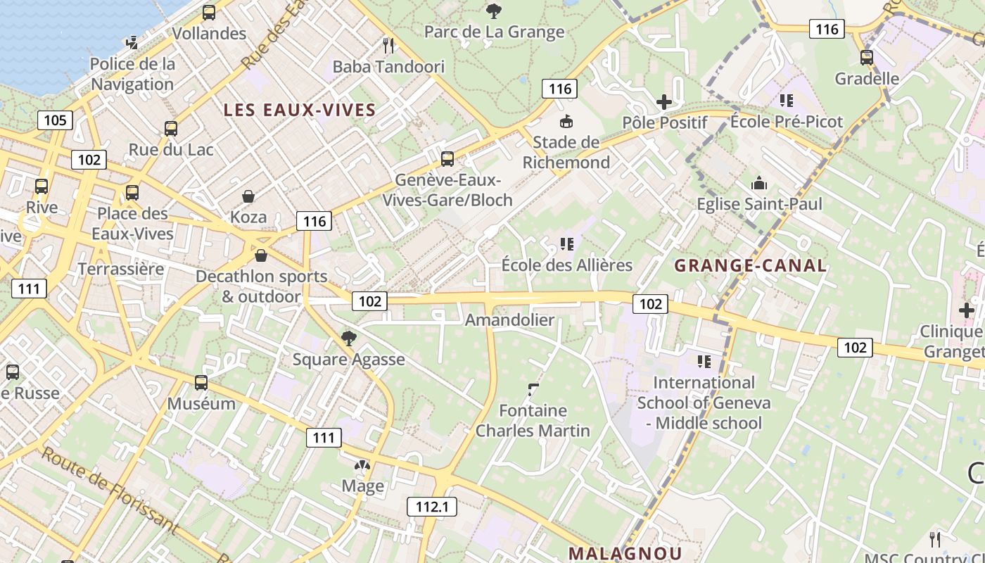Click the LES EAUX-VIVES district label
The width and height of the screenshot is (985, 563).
pos(300,110)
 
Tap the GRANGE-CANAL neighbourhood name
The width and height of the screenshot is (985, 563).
pos(751,265)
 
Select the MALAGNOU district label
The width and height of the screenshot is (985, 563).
pos(625,553)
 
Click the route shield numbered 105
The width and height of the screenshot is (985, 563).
pos(55,120)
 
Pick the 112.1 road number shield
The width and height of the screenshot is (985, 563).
pos(432,507)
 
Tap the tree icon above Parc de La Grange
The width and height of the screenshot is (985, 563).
pos(494,11)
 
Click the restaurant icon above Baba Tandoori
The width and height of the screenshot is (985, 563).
pos(388,46)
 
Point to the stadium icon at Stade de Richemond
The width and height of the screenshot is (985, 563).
pos(566,121)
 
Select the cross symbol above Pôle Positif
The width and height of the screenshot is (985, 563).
pos(664,102)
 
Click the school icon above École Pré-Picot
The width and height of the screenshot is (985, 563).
pos(786,101)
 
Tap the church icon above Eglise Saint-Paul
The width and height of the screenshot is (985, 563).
pos(759,184)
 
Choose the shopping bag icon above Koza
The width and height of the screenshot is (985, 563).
pos(248,196)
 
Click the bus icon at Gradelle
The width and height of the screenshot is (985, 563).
pos(867,58)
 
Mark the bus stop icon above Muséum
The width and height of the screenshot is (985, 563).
pos(201,383)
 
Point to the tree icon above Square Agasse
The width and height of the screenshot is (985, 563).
pos(348,339)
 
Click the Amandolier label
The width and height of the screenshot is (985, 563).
pos(509,320)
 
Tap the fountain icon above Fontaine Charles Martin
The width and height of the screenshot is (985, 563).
pos(533,389)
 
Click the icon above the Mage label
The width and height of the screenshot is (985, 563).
pos(362,466)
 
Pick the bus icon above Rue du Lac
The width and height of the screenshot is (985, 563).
pos(171,129)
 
